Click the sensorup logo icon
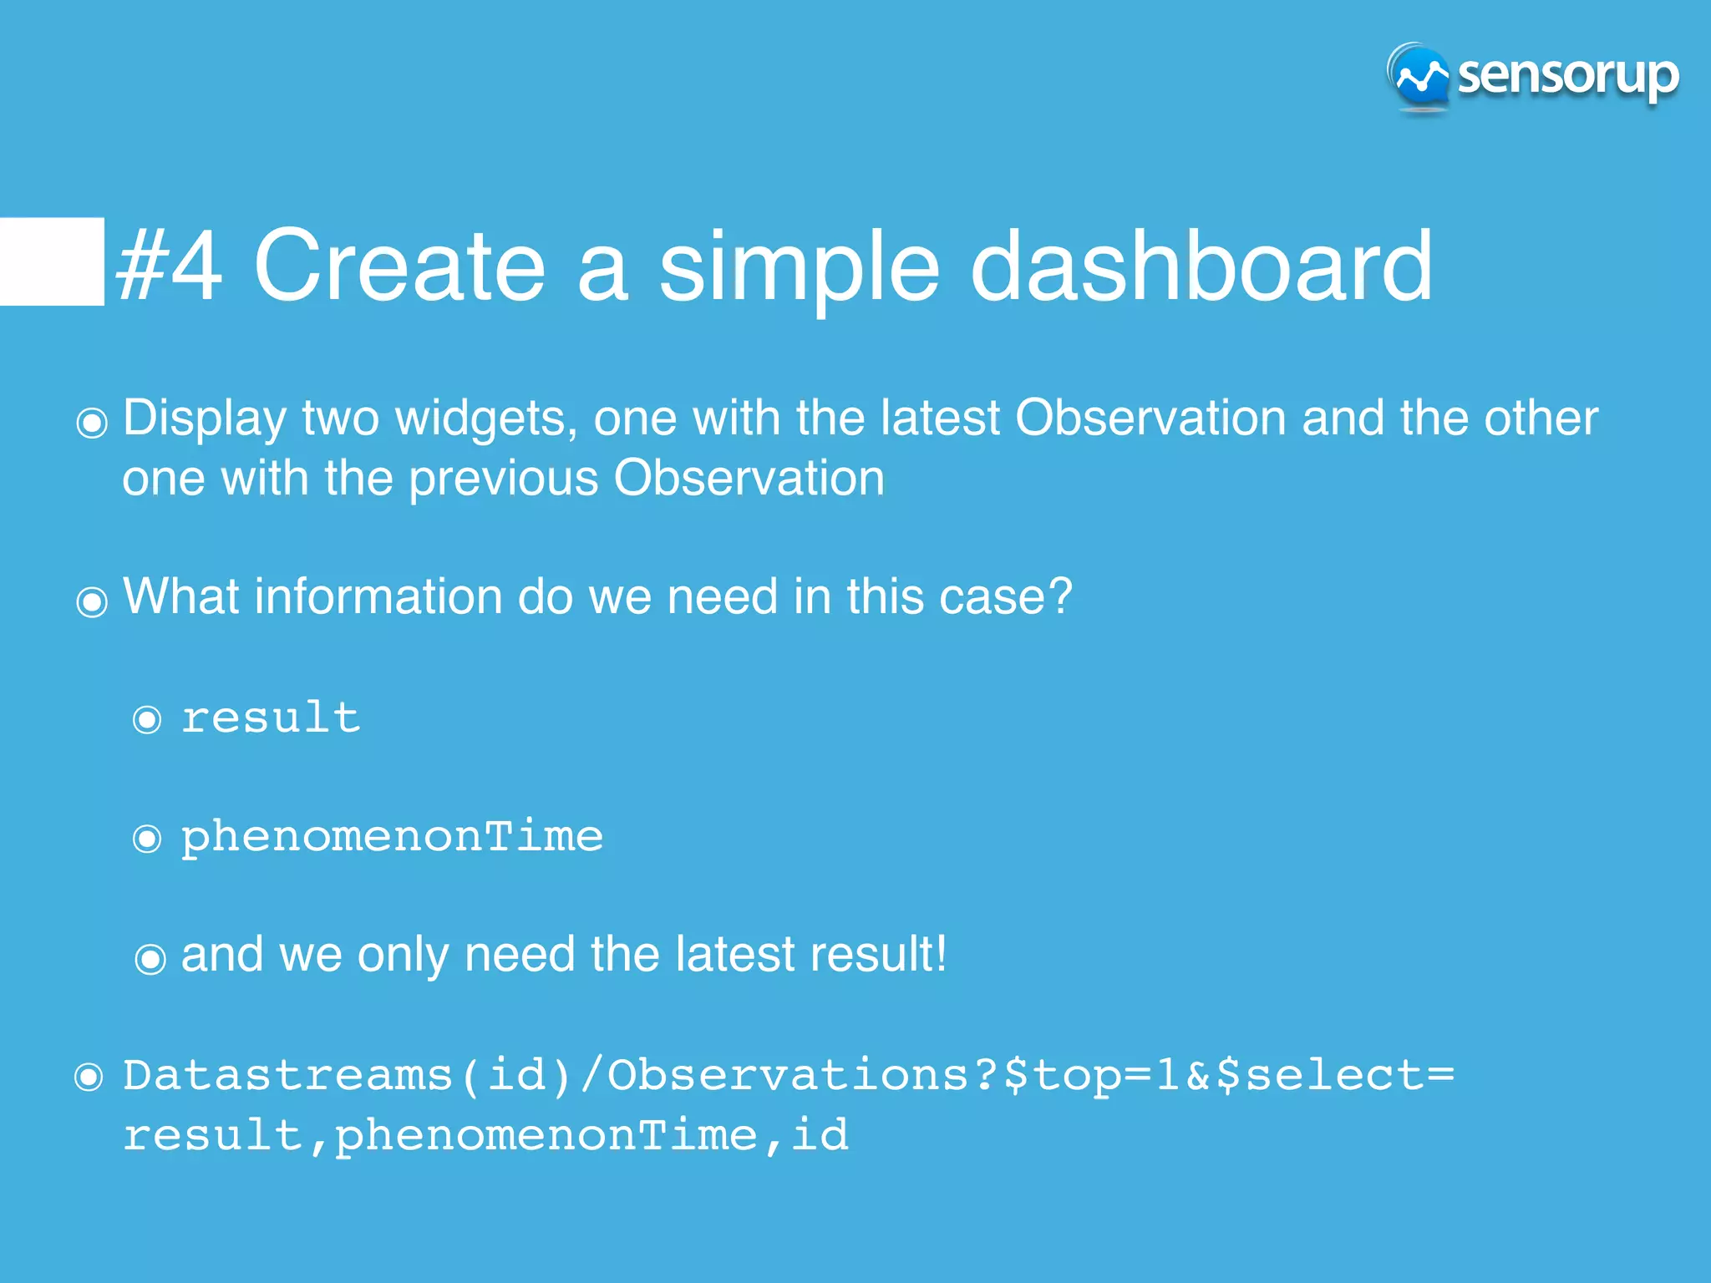click(1419, 77)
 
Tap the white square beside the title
click(52, 261)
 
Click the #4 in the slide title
click(170, 266)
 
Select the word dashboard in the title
click(1201, 266)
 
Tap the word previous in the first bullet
click(504, 479)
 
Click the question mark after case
click(1059, 596)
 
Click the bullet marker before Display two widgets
click(92, 423)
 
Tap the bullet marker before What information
click(92, 601)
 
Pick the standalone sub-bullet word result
click(271, 718)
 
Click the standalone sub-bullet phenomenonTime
click(392, 836)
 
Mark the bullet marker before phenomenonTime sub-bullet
click(147, 838)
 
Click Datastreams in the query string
click(287, 1075)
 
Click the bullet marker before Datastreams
click(89, 1077)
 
